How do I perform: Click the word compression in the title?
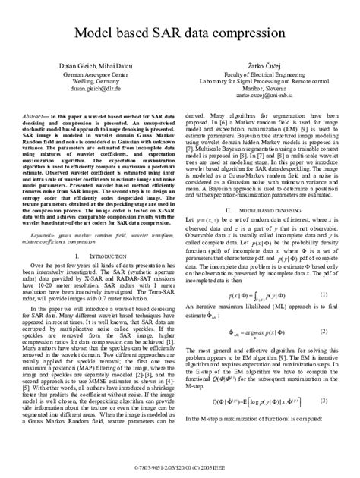(x=248, y=35)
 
